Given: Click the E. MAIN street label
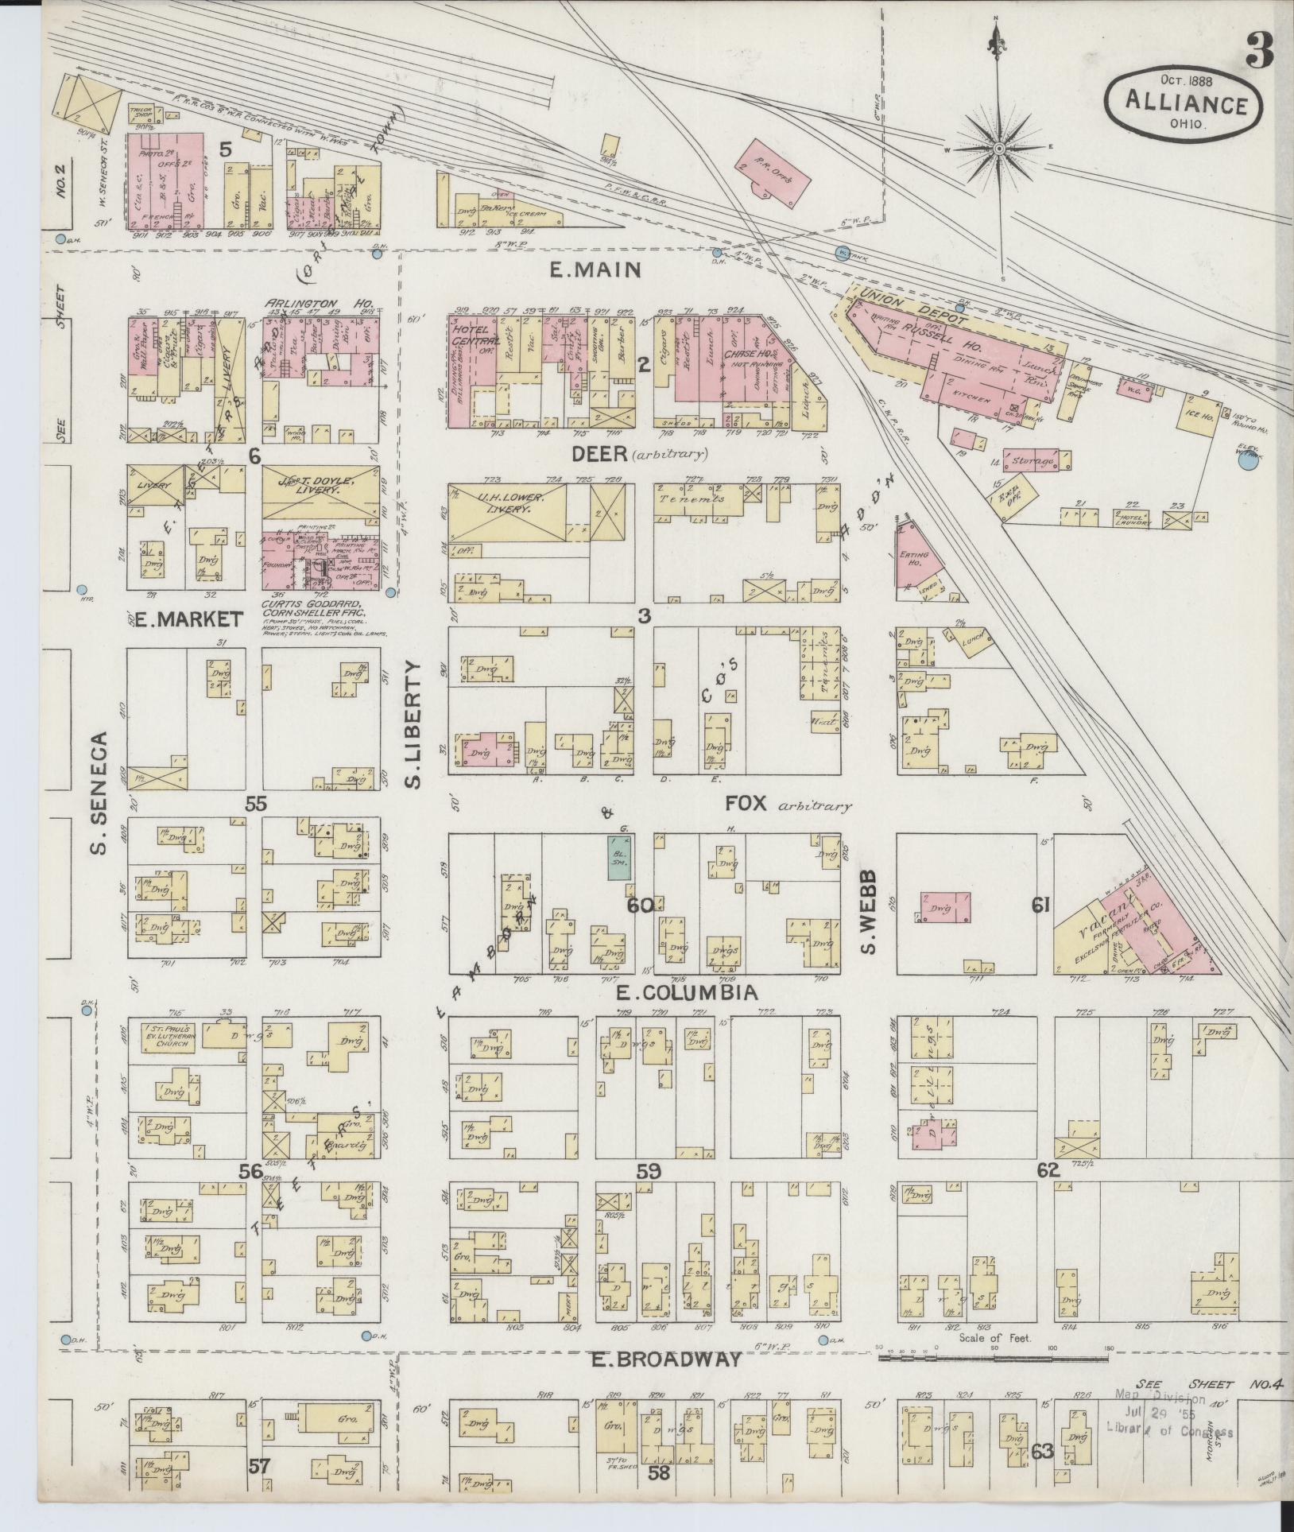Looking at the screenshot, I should coord(595,271).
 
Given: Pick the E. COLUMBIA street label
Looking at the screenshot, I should coord(685,993).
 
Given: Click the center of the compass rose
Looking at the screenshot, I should coord(999,149).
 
